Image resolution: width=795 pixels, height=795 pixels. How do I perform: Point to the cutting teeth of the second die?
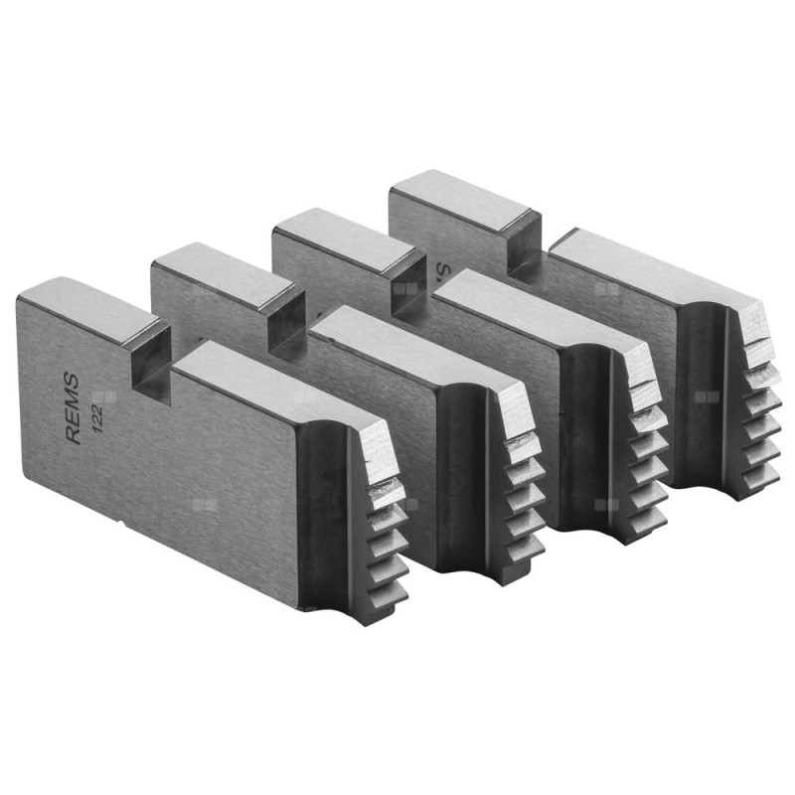point(522,497)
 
